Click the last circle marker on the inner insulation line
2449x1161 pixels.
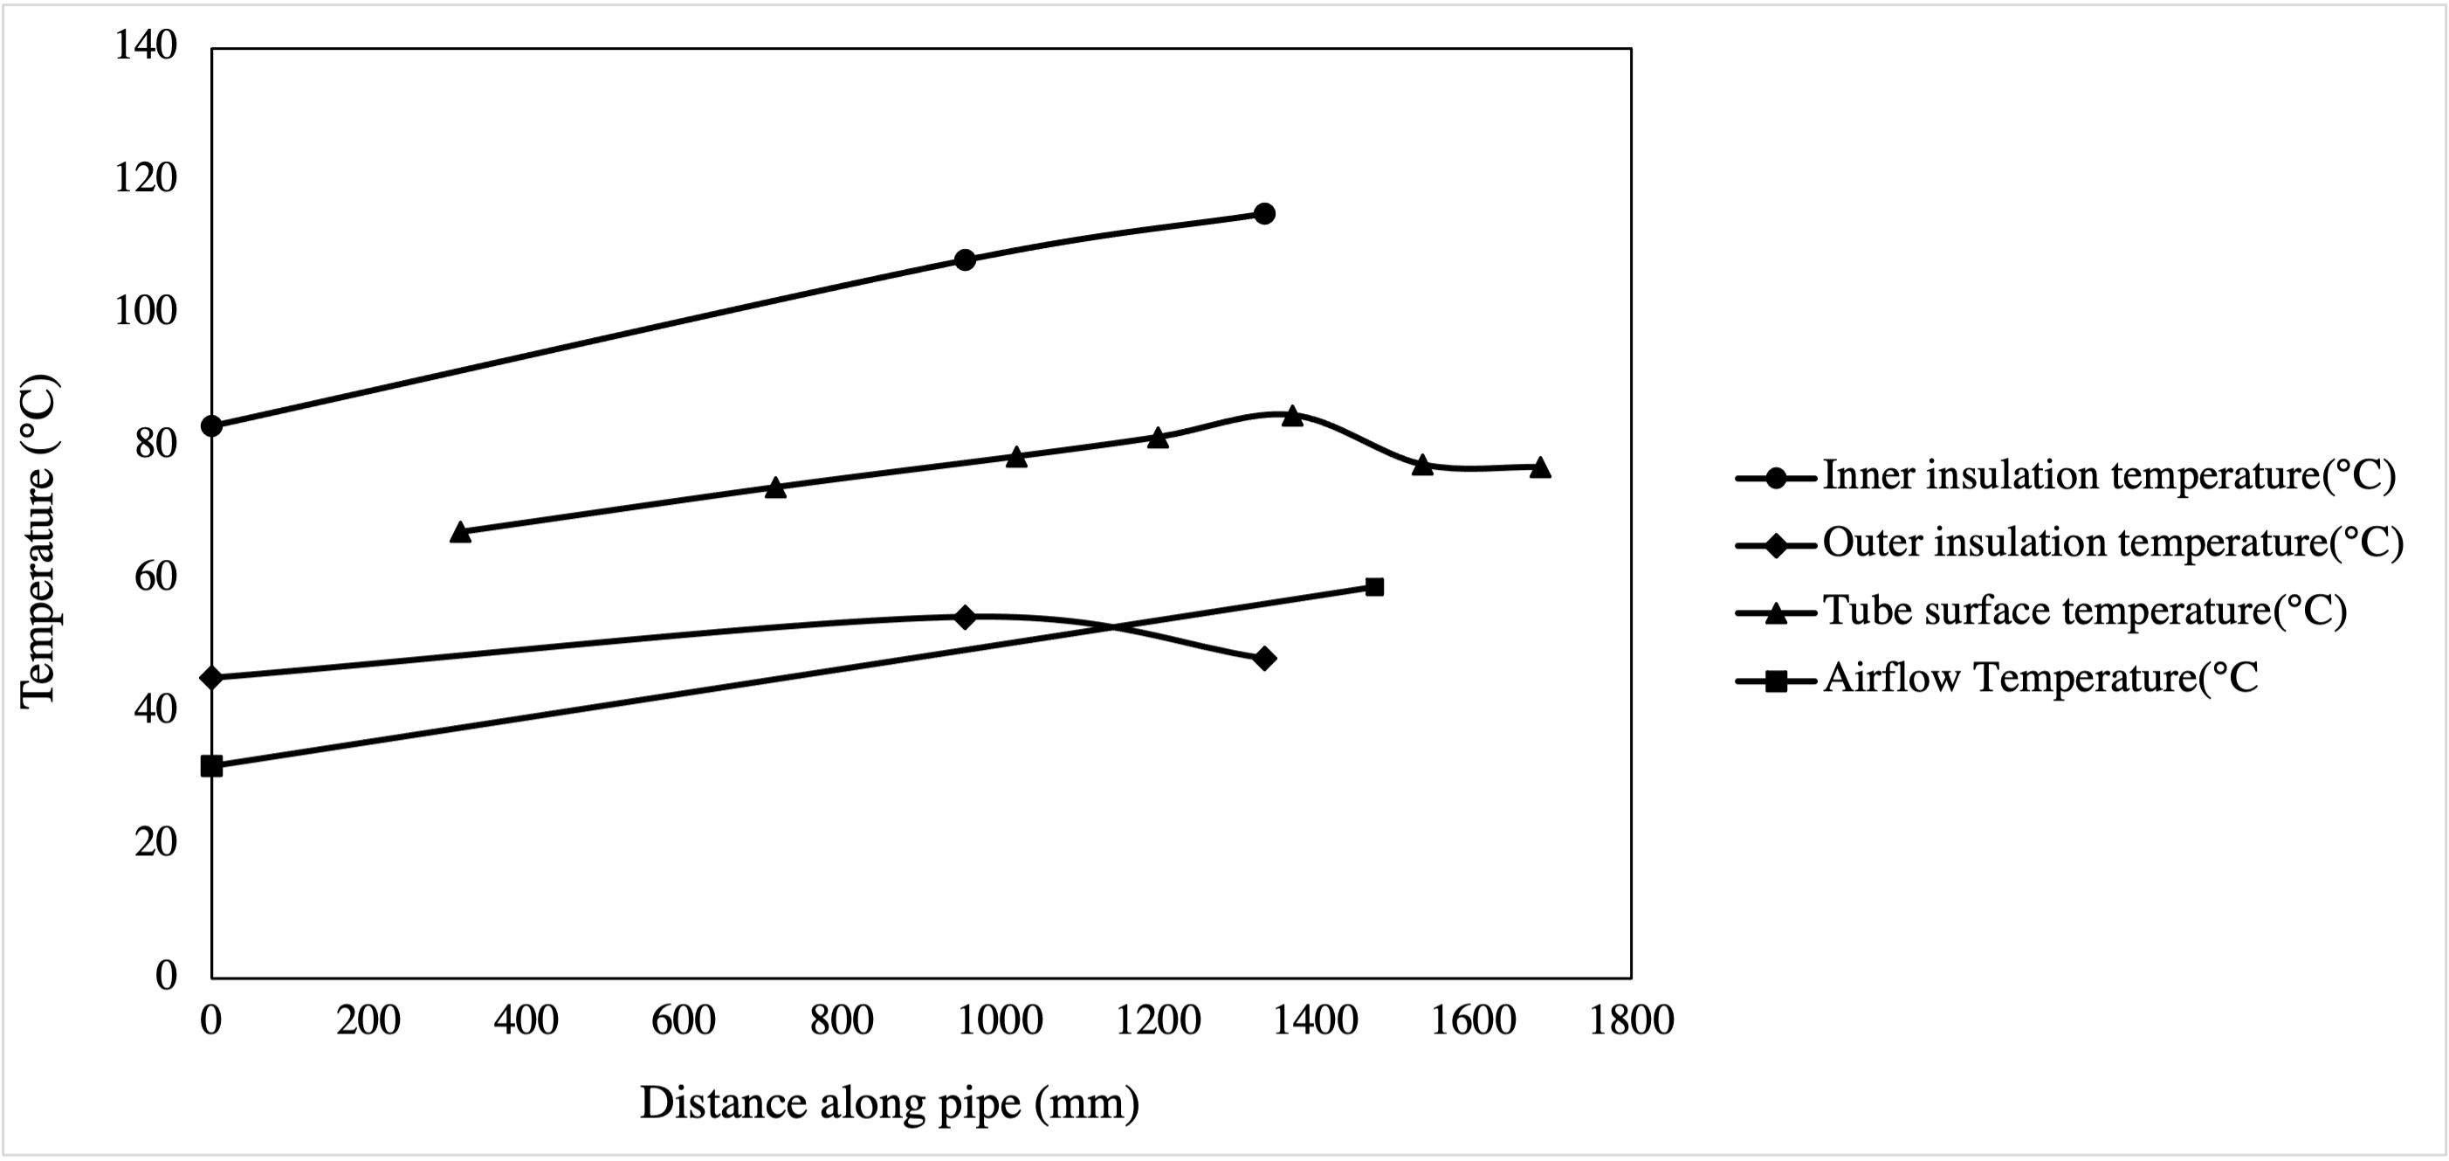pos(1263,213)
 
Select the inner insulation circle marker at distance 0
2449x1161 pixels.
pos(212,425)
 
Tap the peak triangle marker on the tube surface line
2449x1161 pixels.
pos(1292,416)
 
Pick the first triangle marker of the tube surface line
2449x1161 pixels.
pos(460,531)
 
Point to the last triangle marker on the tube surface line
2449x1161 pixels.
pos(1540,466)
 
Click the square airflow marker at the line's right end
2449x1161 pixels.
pos(1373,587)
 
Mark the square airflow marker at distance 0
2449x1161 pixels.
pos(212,765)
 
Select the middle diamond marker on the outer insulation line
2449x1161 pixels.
pos(965,617)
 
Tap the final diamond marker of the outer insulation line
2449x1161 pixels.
pos(1263,658)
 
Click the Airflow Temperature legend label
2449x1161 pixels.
pos(2040,678)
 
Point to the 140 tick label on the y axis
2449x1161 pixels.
pos(147,45)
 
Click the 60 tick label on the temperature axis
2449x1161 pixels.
pos(156,577)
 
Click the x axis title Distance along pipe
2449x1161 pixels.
pos(889,1104)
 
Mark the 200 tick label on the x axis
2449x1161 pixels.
pos(368,1020)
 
